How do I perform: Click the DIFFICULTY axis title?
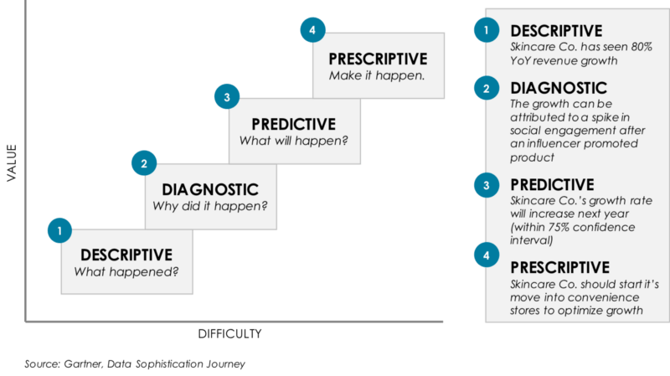[x=230, y=333]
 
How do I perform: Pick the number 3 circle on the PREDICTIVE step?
[x=227, y=98]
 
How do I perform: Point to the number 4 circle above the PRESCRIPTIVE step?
[x=312, y=31]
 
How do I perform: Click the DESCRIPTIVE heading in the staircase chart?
[x=126, y=255]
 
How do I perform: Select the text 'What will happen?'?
[x=294, y=140]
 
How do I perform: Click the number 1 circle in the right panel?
[x=486, y=32]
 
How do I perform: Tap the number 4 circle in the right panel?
[x=486, y=255]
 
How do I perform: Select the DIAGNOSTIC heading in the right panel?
[x=559, y=88]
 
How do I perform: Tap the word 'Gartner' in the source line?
[x=87, y=364]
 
